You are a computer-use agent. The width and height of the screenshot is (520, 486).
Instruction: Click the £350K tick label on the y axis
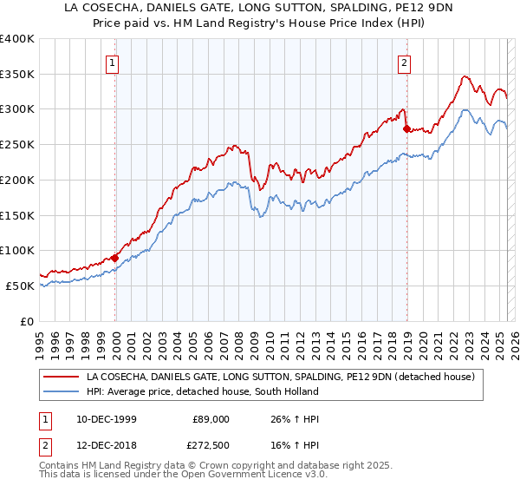pos(17,75)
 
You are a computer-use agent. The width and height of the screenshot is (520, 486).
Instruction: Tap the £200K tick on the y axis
pos(17,181)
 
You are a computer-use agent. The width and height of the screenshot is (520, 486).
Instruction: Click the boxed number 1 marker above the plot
pos(114,62)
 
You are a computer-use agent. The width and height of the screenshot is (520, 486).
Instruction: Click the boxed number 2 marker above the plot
pos(405,62)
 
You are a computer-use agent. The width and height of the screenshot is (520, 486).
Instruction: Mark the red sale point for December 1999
pos(115,258)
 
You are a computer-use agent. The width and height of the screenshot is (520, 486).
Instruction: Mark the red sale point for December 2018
pos(406,128)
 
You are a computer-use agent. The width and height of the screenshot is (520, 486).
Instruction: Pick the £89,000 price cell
pos(211,418)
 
